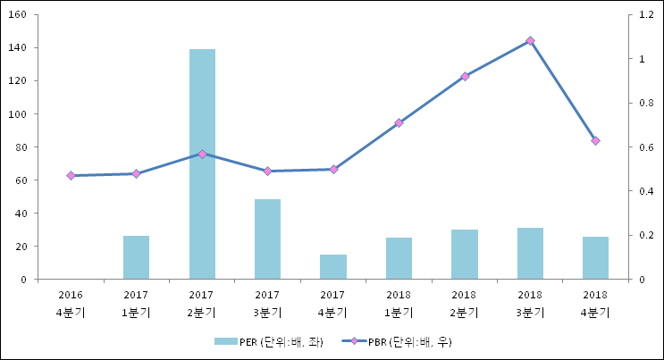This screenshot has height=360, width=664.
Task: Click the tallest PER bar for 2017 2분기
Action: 202,164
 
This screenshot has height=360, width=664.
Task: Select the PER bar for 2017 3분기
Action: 267,239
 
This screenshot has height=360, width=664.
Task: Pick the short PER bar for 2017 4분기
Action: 333,267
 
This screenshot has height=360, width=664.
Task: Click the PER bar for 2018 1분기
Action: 399,258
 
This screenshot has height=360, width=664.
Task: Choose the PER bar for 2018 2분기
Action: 464,255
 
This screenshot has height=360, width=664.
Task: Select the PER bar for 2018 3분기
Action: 530,254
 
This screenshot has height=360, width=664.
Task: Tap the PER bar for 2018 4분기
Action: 595,258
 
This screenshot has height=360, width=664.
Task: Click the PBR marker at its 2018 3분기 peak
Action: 530,40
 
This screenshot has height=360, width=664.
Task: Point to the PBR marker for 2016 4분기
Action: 71,176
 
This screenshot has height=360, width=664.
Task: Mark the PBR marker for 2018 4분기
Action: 595,140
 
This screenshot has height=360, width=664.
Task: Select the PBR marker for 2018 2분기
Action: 465,76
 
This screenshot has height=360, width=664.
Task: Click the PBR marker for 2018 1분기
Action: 399,122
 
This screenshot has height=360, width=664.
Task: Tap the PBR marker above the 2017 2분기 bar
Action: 202,154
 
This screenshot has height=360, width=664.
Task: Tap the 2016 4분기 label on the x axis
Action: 71,303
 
